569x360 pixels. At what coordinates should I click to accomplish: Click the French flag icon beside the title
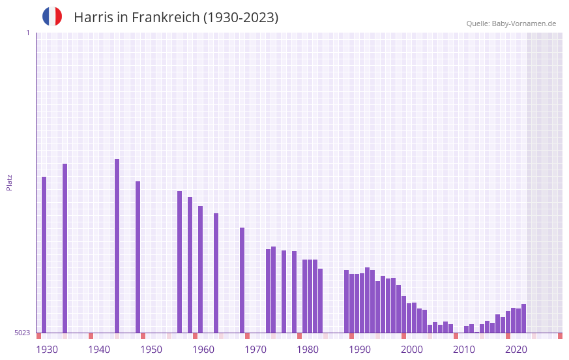(52, 17)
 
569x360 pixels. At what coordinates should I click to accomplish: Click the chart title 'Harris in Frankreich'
(176, 18)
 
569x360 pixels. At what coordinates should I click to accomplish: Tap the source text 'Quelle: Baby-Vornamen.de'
(511, 23)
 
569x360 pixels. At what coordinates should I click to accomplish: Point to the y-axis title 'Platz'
(9, 182)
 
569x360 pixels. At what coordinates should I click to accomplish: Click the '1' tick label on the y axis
(27, 33)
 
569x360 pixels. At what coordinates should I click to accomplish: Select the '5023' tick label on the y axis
(22, 333)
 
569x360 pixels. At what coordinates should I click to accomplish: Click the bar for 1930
(44, 254)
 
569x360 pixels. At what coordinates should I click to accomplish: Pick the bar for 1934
(65, 248)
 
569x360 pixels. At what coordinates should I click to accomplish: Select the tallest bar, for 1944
(117, 246)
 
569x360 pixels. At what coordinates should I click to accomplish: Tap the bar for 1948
(138, 257)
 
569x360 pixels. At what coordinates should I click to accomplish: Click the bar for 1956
(179, 262)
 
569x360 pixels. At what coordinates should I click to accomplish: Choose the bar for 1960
(200, 269)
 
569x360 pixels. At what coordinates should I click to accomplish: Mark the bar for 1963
(216, 273)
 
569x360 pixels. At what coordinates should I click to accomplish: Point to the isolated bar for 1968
(242, 280)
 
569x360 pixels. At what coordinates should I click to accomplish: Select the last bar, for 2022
(523, 318)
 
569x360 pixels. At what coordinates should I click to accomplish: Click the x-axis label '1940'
(99, 350)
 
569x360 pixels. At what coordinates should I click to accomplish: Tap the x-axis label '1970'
(255, 350)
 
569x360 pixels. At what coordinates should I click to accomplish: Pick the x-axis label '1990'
(360, 350)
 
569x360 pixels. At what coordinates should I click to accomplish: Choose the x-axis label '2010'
(464, 350)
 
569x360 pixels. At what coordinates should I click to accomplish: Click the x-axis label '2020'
(516, 350)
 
